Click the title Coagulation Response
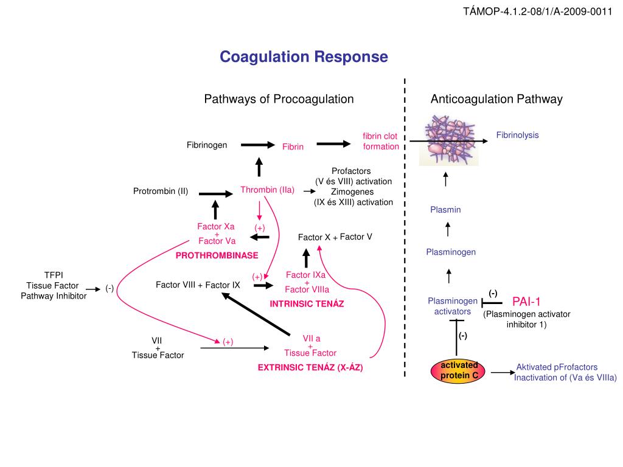coord(304,57)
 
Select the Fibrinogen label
coord(207,145)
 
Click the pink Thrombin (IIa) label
coord(267,190)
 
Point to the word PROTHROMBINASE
coord(217,255)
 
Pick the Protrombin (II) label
coord(161,192)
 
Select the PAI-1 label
coord(526,301)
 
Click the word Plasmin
coord(445,210)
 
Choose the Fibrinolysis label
coord(517,135)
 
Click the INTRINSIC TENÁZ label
coord(307,303)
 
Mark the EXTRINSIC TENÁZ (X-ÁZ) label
coord(310,367)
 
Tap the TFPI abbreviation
coord(54,275)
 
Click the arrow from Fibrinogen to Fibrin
coord(257,145)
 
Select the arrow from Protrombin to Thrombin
coord(216,193)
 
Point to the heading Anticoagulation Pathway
coord(496,99)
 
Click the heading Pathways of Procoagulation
coord(279,99)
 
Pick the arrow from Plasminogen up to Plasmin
coord(448,229)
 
